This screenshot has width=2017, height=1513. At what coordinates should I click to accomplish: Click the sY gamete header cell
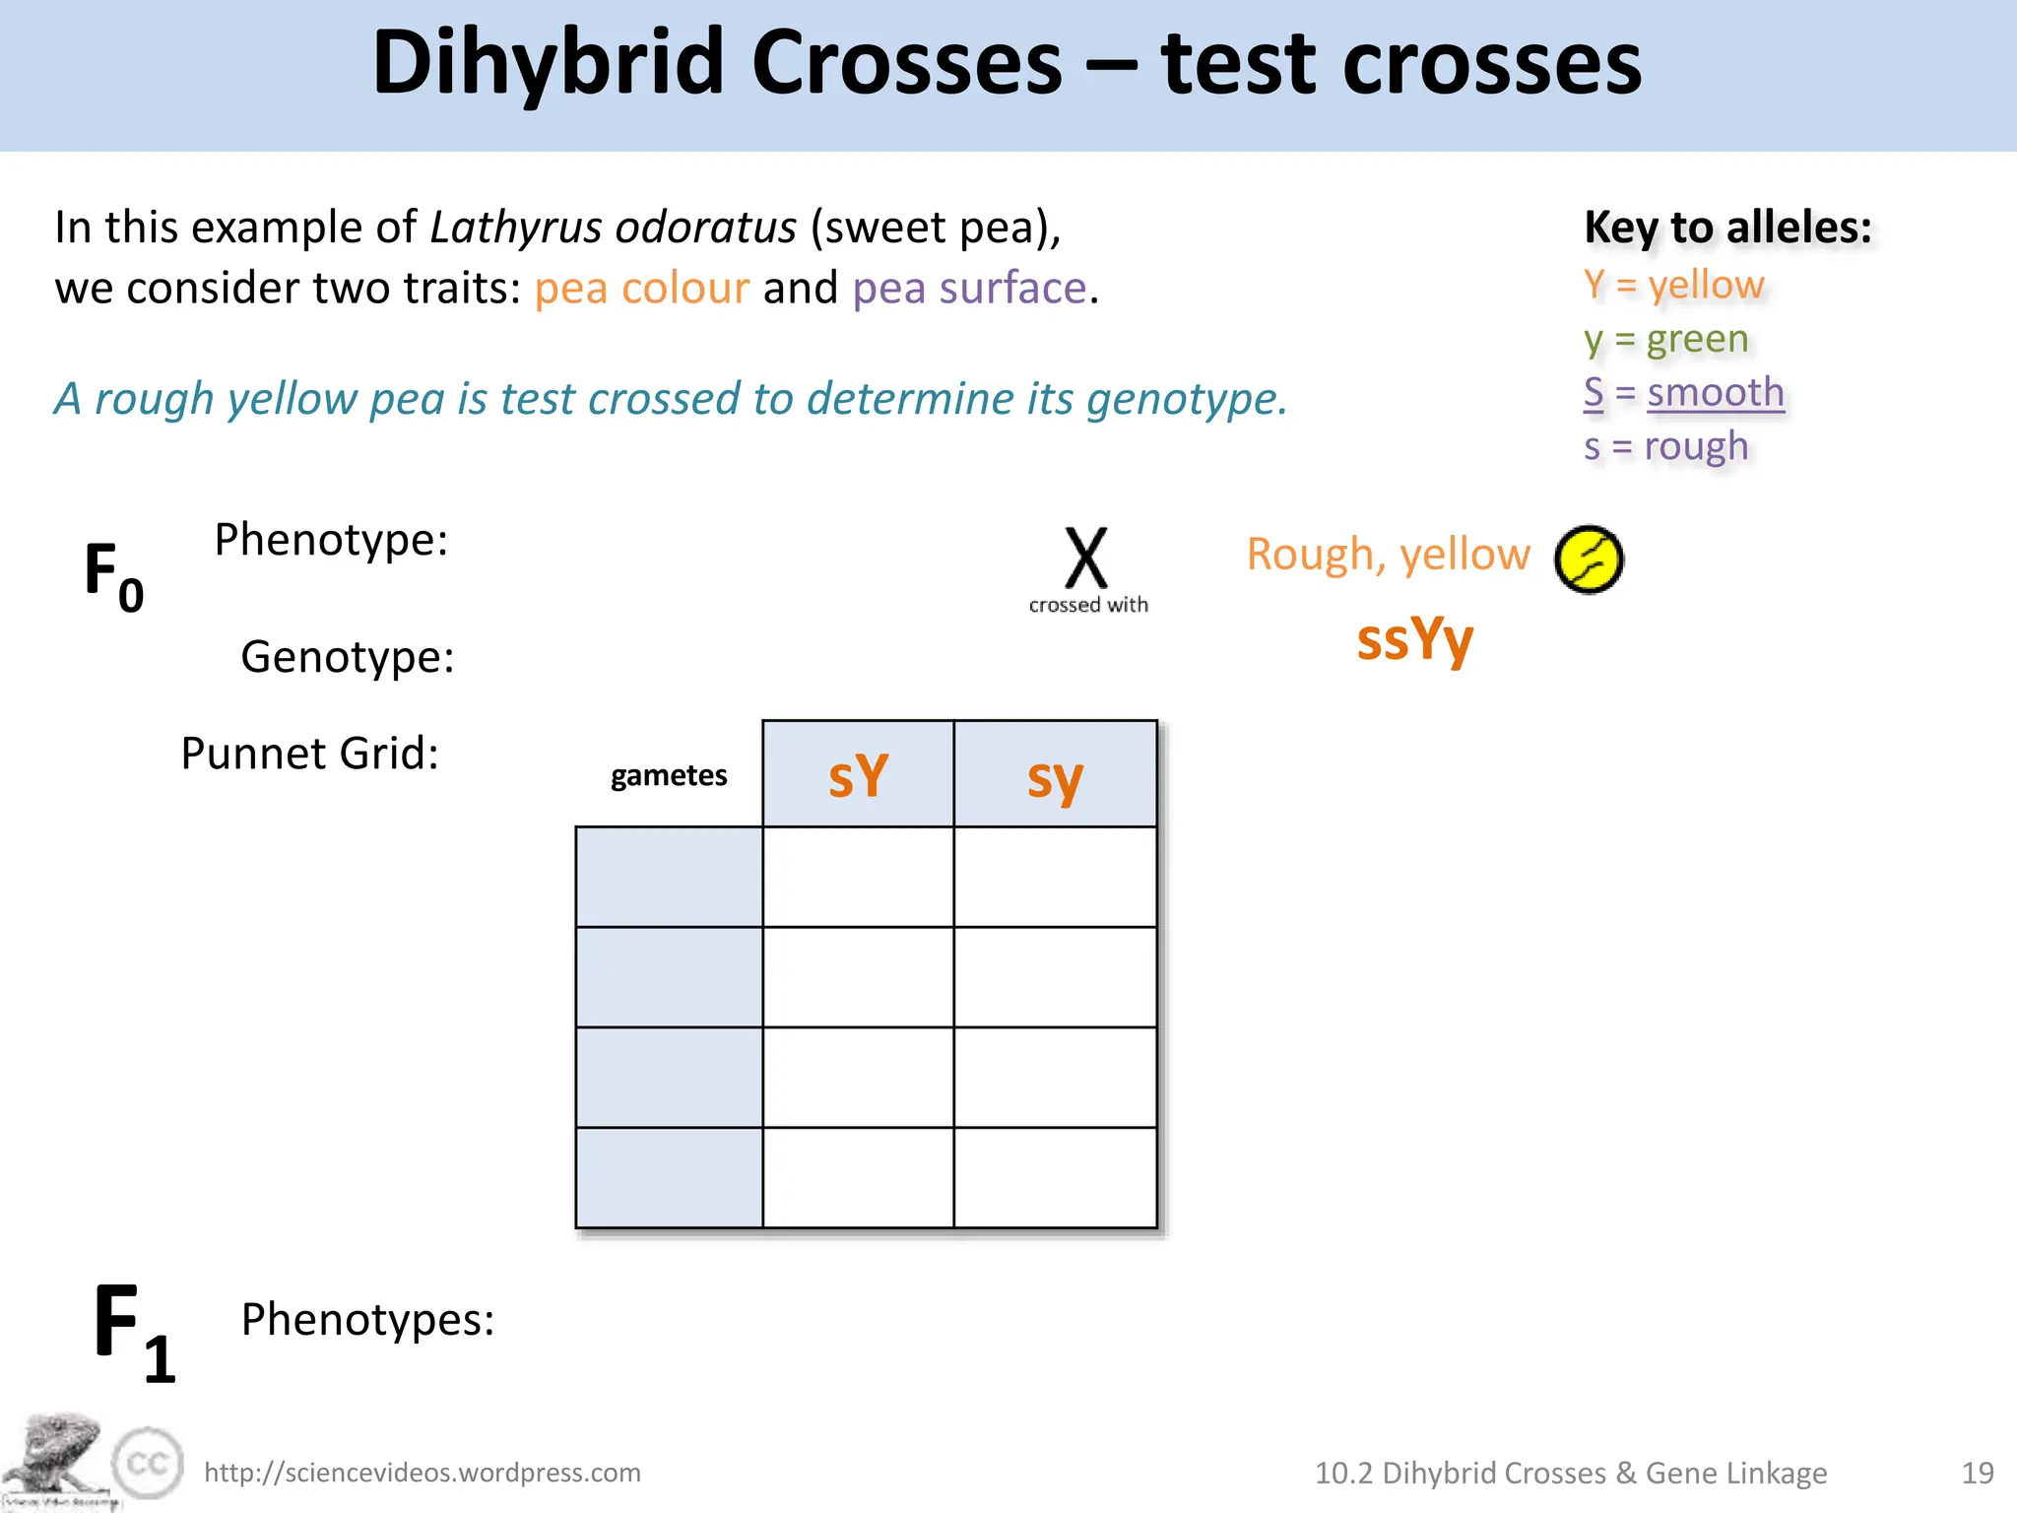[x=858, y=775]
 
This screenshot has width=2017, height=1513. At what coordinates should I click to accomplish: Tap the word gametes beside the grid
[x=669, y=775]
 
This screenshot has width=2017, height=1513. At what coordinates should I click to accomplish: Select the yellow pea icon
[x=1589, y=559]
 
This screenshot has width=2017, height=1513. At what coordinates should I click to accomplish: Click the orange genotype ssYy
[x=1414, y=640]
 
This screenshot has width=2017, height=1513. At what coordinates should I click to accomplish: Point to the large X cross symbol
[x=1086, y=559]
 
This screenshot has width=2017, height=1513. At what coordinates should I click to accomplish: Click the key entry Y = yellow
[x=1673, y=285]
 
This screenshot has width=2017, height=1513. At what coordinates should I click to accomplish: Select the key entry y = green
[x=1665, y=339]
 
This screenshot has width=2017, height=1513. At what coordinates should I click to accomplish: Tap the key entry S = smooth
[x=1683, y=392]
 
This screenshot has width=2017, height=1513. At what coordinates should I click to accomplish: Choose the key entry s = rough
[x=1665, y=446]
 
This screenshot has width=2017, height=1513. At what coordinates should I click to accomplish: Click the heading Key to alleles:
[x=1727, y=228]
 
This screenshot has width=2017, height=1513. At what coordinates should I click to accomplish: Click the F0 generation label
[x=114, y=576]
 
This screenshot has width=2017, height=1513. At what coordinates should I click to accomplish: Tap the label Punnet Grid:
[x=309, y=754]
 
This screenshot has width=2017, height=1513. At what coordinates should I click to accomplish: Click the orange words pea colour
[x=641, y=289]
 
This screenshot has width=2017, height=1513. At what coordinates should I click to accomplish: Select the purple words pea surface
[x=969, y=289]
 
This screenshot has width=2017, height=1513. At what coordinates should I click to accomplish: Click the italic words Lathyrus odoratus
[x=613, y=228]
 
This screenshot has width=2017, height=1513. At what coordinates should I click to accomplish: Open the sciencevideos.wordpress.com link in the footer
[x=423, y=1473]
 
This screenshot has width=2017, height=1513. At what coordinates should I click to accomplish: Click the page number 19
[x=1978, y=1473]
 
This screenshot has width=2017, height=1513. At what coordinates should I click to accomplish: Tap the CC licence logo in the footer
[x=148, y=1463]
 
